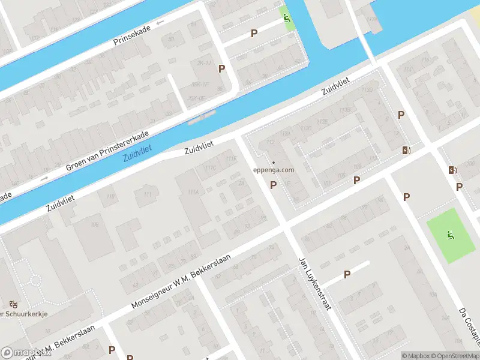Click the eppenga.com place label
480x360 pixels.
click(x=274, y=170)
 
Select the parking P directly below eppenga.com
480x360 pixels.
click(x=274, y=185)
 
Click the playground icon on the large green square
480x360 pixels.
click(x=450, y=235)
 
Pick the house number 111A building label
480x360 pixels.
click(x=193, y=191)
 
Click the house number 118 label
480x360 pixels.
click(x=110, y=197)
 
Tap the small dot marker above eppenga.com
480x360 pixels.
click(x=274, y=162)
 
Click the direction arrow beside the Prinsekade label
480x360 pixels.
click(x=160, y=23)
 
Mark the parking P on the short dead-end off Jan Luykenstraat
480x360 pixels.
click(x=347, y=274)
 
